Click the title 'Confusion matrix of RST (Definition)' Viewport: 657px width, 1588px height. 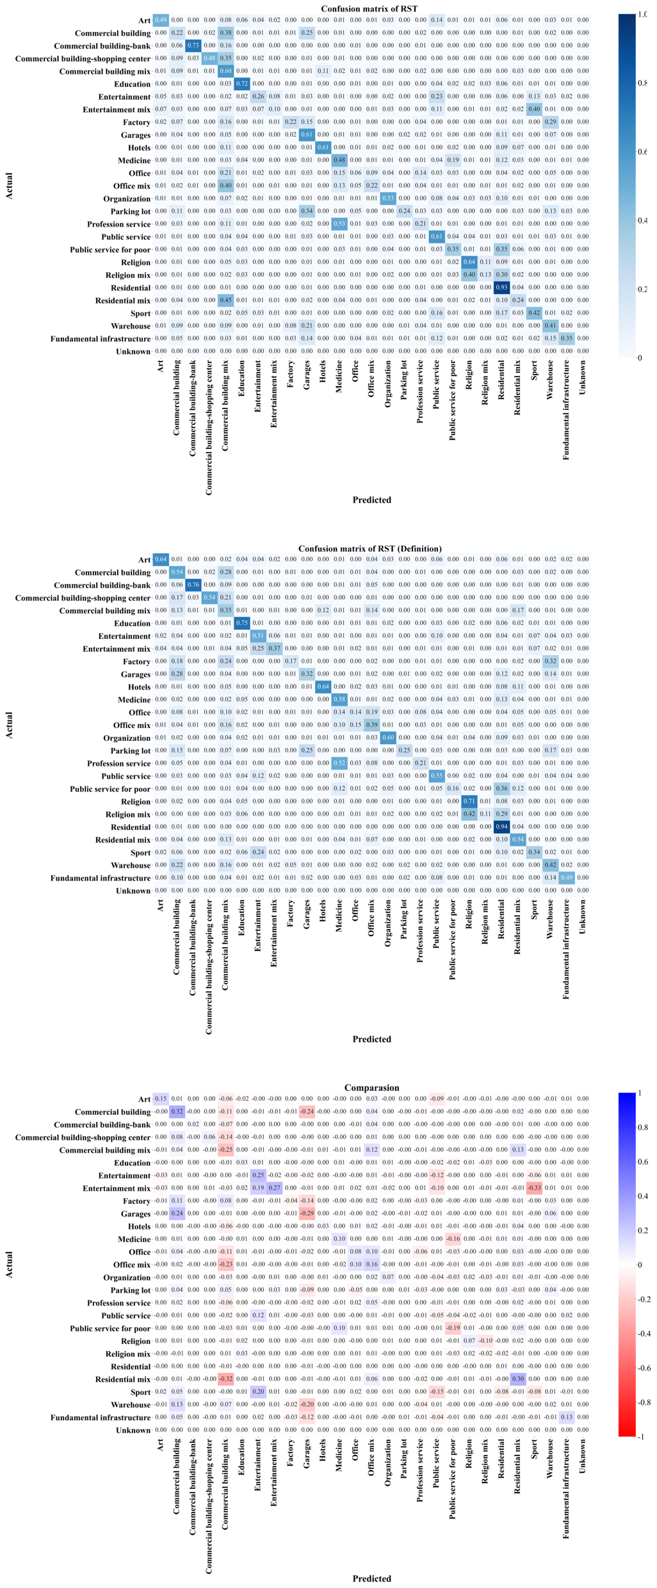click(370, 548)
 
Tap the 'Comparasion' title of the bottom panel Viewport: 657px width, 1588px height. click(371, 1087)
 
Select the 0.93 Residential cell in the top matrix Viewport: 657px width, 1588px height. click(501, 288)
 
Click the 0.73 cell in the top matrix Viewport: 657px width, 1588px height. click(193, 45)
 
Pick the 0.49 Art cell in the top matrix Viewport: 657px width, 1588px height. click(160, 20)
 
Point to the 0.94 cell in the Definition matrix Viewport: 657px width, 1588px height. click(501, 827)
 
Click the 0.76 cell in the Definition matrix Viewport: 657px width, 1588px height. click(193, 585)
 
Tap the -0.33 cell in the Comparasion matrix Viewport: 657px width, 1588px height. click(534, 1188)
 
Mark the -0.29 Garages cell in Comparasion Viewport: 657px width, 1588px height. click(307, 1213)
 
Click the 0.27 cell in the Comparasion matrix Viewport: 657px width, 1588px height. click(274, 1188)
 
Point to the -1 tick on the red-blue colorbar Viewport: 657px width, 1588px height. click(641, 1436)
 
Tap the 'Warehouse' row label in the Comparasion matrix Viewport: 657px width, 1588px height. click(131, 1404)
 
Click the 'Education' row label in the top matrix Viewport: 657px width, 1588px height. click(133, 84)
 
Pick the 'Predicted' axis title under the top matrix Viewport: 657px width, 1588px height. click(371, 500)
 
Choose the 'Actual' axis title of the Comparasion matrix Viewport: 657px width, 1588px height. click(9, 1265)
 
